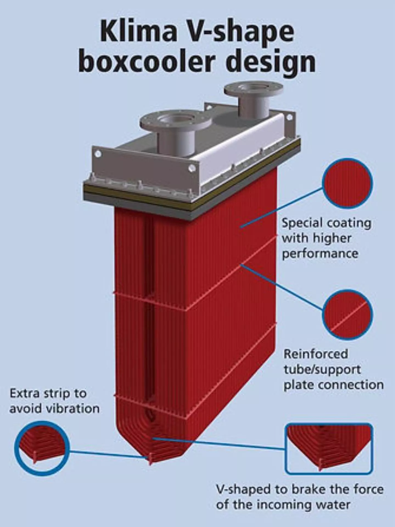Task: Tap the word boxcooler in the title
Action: pos(146,62)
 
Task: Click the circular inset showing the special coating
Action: pos(347,183)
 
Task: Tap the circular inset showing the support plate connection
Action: pos(347,314)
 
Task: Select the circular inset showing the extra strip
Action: pos(42,448)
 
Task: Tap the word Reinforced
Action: pos(316,354)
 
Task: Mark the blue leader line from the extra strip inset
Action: pos(107,453)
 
